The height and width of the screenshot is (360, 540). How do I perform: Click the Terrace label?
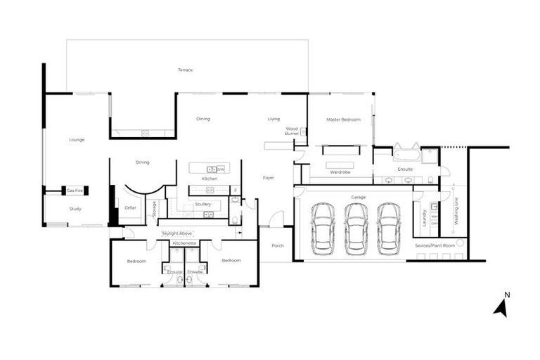(185, 70)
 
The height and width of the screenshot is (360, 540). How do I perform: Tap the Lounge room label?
(77, 140)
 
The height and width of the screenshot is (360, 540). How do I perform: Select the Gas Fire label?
(75, 191)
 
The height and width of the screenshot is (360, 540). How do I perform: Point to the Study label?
(75, 209)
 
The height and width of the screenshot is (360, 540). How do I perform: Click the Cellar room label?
(130, 207)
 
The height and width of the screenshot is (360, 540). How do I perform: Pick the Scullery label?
(203, 204)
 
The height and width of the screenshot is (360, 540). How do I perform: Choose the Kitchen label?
(210, 179)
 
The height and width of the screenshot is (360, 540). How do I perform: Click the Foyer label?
(269, 178)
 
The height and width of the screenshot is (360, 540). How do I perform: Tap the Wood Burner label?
(292, 131)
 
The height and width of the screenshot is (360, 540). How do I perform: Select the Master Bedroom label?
(343, 120)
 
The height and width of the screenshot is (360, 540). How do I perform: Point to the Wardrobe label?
(340, 171)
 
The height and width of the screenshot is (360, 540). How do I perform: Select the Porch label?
(277, 245)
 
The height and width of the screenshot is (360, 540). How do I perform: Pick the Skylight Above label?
(177, 233)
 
